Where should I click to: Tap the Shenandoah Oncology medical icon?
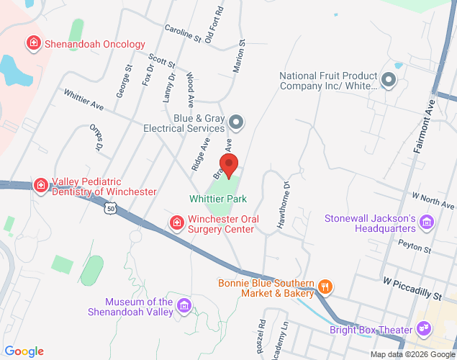pyautogui.click(x=32, y=44)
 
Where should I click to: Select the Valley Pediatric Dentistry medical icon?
pyautogui.click(x=41, y=186)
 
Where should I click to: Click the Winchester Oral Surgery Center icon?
pyautogui.click(x=176, y=223)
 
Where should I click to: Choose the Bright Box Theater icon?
pyautogui.click(x=424, y=330)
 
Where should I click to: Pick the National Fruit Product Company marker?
pyautogui.click(x=389, y=80)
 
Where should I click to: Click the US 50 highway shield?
pyautogui.click(x=109, y=209)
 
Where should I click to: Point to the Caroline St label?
pyautogui.click(x=182, y=33)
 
